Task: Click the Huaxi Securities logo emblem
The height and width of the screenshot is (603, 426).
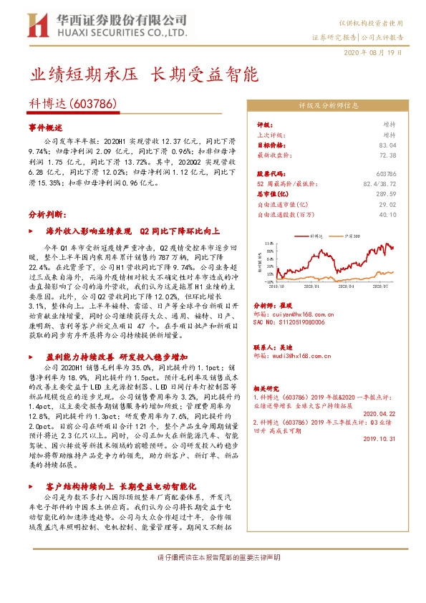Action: point(37,25)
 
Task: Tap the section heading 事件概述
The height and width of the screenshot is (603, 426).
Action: point(45,126)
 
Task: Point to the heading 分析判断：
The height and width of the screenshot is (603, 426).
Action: point(47,214)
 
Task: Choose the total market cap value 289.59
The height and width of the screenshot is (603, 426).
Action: point(387,193)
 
